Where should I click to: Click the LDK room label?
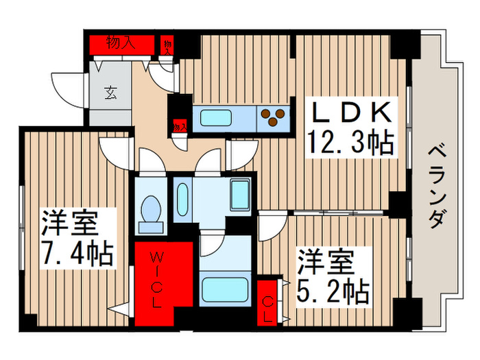tap(353, 112)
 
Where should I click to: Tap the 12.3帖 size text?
tap(352, 143)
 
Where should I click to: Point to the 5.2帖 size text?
tap(334, 291)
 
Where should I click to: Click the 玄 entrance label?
tap(110, 92)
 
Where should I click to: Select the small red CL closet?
tap(269, 301)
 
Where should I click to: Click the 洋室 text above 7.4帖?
tap(68, 224)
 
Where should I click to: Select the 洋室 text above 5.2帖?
tap(325, 263)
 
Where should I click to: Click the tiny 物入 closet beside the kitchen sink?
tap(180, 127)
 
